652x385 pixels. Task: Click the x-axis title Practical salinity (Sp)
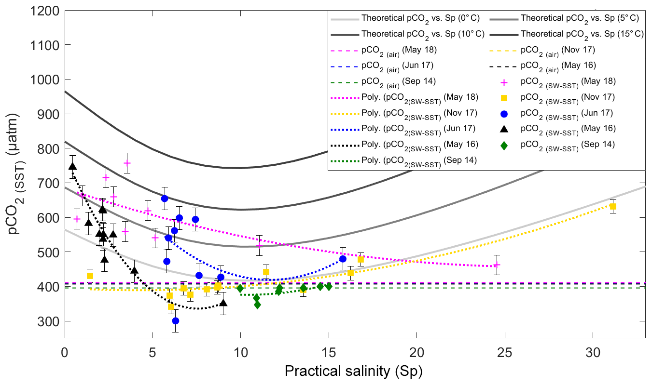pyautogui.click(x=354, y=372)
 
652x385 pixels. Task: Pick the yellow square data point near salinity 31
pyautogui.click(x=613, y=206)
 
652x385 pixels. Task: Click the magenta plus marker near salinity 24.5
pyautogui.click(x=497, y=265)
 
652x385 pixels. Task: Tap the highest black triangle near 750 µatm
pyautogui.click(x=73, y=166)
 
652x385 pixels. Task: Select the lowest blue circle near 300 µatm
pyautogui.click(x=176, y=321)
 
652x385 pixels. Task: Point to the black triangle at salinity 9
pyautogui.click(x=223, y=303)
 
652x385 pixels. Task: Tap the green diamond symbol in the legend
pyautogui.click(x=504, y=144)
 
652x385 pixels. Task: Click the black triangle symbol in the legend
pyautogui.click(x=504, y=129)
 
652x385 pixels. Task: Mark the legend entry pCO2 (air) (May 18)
pyautogui.click(x=405, y=50)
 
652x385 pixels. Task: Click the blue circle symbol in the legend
pyautogui.click(x=504, y=113)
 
